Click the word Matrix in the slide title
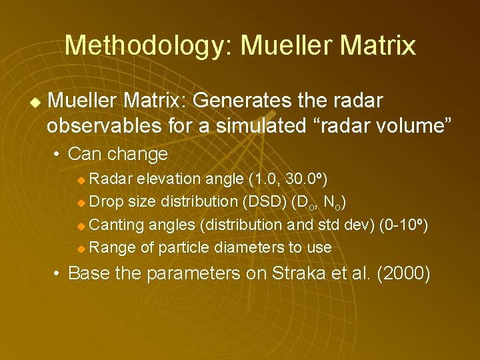378,45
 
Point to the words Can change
118,154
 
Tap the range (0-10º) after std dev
403,225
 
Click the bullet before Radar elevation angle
81,179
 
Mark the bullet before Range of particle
81,248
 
